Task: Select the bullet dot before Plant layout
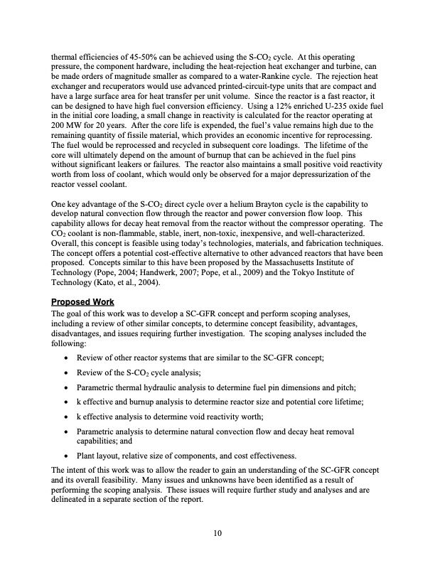point(66,456)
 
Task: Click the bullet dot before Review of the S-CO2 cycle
point(66,373)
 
